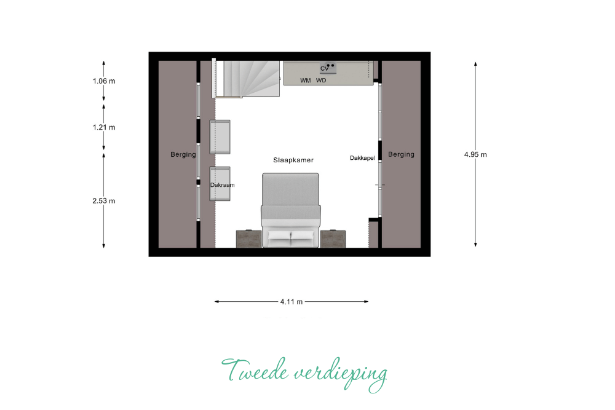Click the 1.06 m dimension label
[x=104, y=81]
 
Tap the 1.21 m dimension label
[x=104, y=127]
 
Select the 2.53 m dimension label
[x=104, y=201]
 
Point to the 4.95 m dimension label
[x=475, y=154]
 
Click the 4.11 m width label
[x=292, y=302]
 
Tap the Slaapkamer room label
[x=293, y=160]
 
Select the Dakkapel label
[x=362, y=158]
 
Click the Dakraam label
[x=223, y=185]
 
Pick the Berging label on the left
[x=183, y=154]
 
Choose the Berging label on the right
[x=401, y=154]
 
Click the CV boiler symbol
[x=328, y=68]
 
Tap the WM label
[x=306, y=81]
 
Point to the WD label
[x=321, y=81]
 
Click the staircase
[x=247, y=79]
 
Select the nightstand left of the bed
[x=248, y=239]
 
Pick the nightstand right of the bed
[x=333, y=239]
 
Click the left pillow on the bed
[x=279, y=235]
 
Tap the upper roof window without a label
[x=220, y=137]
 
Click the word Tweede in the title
[x=255, y=371]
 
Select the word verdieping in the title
[x=341, y=374]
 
